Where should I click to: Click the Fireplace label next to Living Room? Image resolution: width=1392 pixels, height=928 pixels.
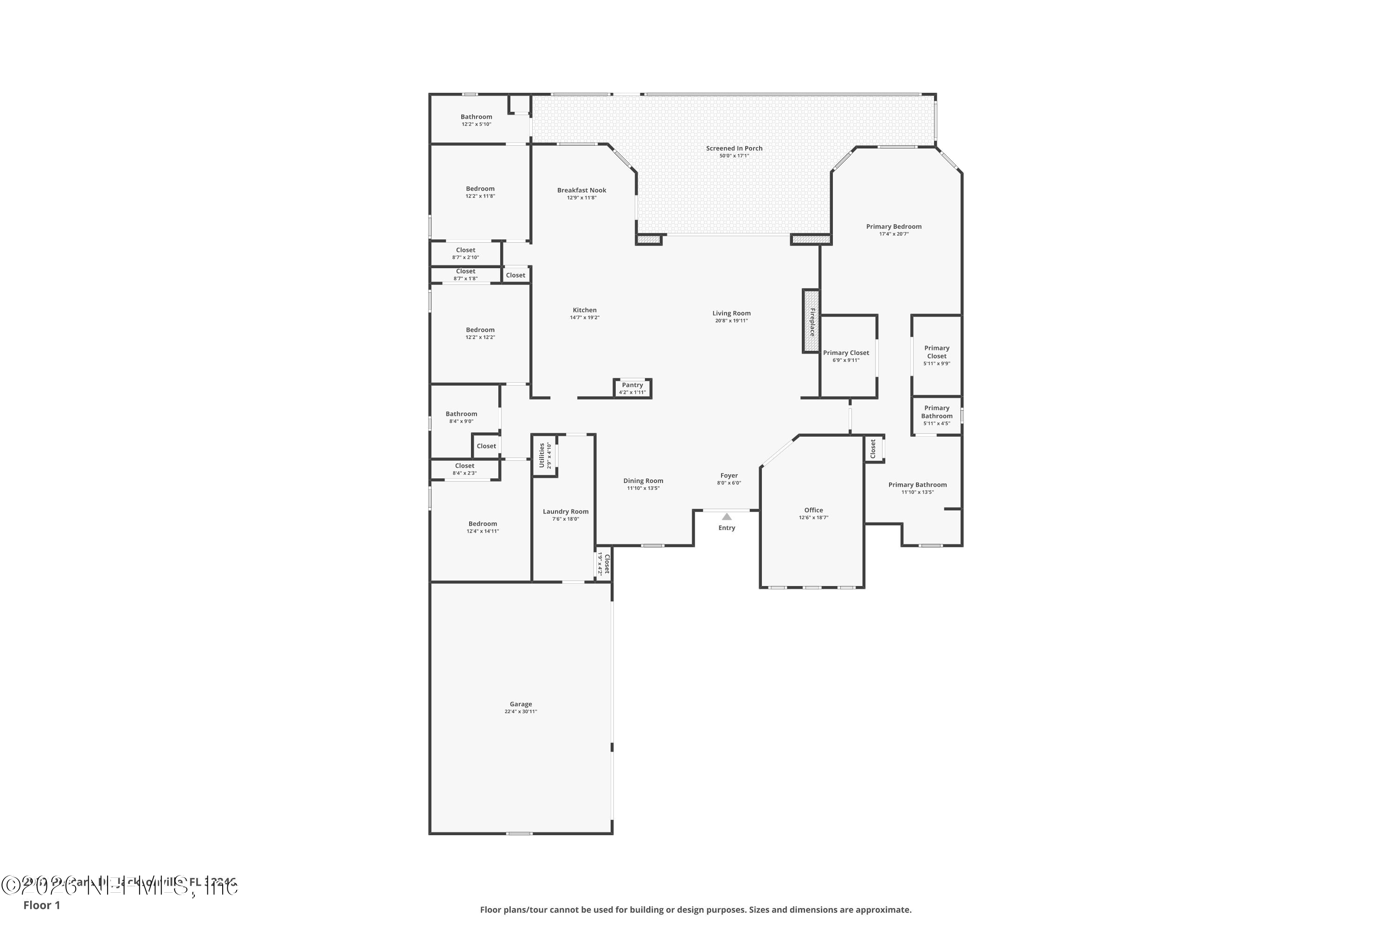[812, 322]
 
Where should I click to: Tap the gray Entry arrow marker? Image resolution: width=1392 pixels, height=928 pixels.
[726, 517]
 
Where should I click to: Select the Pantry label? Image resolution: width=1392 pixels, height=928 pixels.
[632, 385]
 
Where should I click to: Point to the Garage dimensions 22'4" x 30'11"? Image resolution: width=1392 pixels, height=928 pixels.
[520, 711]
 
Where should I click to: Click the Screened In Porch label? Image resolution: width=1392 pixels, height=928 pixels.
[734, 148]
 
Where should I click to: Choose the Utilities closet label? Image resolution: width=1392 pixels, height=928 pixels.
[541, 455]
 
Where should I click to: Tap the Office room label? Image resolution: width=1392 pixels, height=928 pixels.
[813, 510]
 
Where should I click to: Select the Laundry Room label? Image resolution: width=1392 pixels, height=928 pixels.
[565, 512]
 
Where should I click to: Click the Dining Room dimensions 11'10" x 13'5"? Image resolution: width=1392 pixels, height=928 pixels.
[643, 488]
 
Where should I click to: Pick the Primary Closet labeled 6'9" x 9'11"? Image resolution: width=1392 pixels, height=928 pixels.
[846, 353]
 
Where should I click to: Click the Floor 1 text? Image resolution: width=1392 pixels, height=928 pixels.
[41, 905]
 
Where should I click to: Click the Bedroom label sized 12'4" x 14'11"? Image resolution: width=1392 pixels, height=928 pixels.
[483, 524]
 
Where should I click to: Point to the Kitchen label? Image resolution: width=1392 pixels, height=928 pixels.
[584, 310]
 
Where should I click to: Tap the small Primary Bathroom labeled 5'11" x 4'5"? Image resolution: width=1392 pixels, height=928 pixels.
[936, 412]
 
